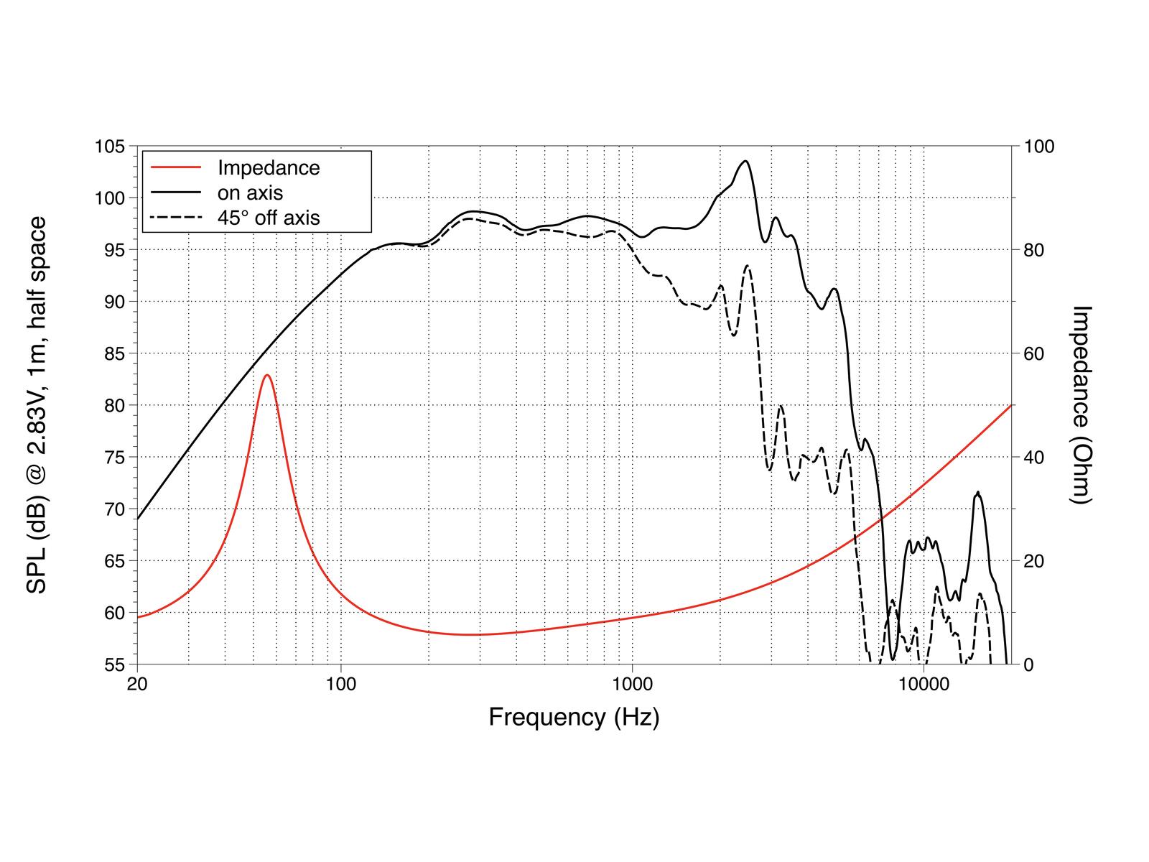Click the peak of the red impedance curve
click(x=267, y=375)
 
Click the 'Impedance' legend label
click(x=269, y=168)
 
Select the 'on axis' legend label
click(x=250, y=193)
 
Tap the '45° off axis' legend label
click(x=269, y=218)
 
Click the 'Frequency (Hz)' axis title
click(x=574, y=717)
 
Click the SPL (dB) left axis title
click(x=37, y=405)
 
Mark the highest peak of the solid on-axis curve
click(x=745, y=161)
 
